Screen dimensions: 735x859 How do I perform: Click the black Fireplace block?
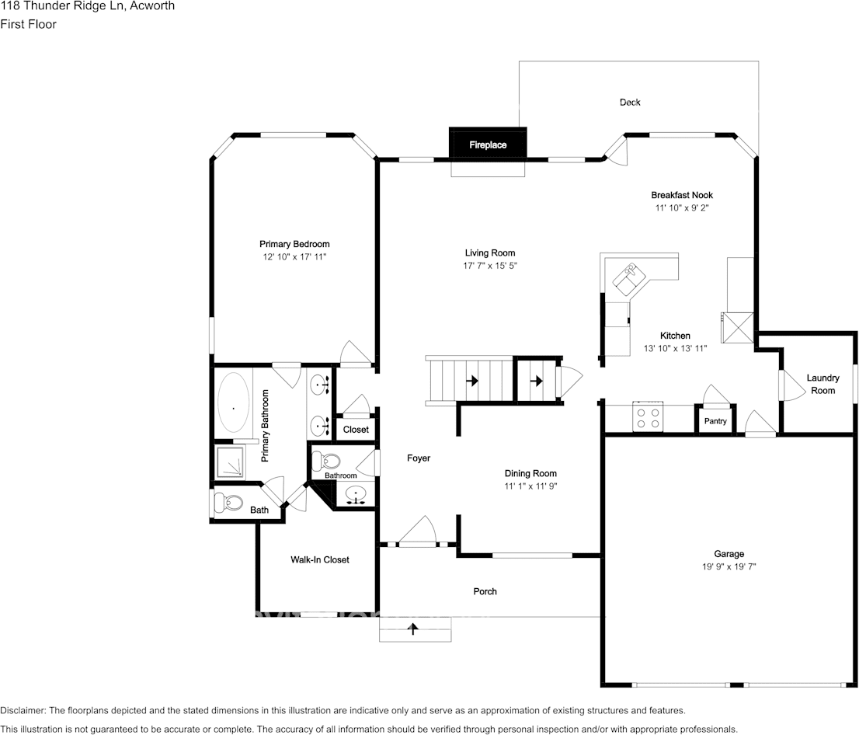[488, 145]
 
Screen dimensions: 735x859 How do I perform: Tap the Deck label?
[630, 103]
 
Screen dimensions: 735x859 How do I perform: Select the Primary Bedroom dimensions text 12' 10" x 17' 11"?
[294, 256]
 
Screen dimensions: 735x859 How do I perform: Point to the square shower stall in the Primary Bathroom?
[228, 463]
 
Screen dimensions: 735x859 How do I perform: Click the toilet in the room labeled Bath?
[228, 503]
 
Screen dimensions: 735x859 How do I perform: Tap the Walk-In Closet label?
[319, 559]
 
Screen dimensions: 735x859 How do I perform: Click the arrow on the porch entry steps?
[414, 629]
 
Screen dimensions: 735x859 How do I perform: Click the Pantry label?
[715, 421]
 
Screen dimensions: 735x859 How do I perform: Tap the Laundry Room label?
[822, 384]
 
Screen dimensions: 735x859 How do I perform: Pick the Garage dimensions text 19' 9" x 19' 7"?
[729, 567]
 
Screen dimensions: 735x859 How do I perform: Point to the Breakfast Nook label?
[681, 195]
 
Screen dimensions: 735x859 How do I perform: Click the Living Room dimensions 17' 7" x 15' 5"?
[490, 266]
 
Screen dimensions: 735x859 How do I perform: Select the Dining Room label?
[530, 473]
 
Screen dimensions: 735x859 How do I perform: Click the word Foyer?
[419, 458]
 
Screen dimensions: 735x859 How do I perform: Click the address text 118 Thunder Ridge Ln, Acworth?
[87, 6]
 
